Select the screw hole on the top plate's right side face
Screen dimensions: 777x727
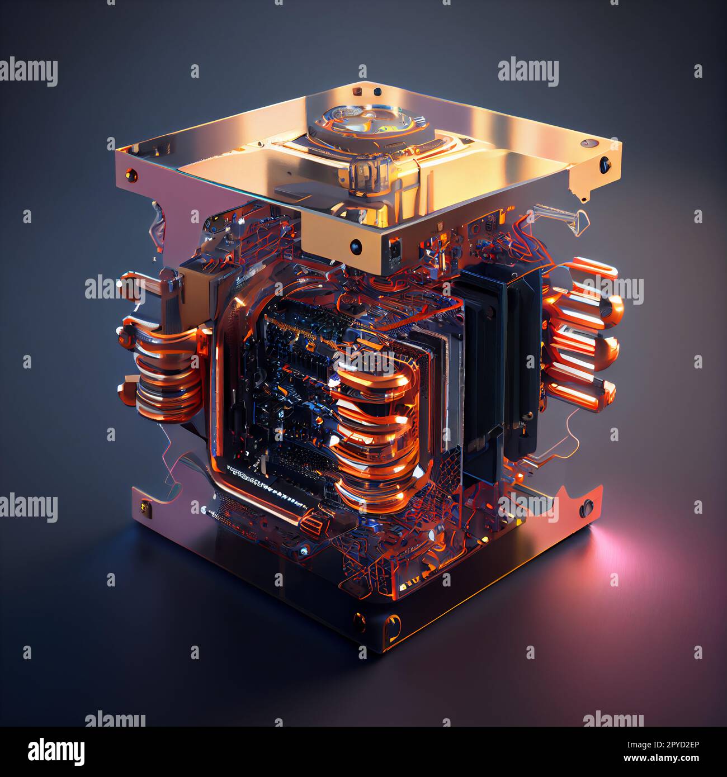point(604,164)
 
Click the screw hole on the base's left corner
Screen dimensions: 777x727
point(146,507)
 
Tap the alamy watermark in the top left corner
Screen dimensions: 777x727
point(29,72)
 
